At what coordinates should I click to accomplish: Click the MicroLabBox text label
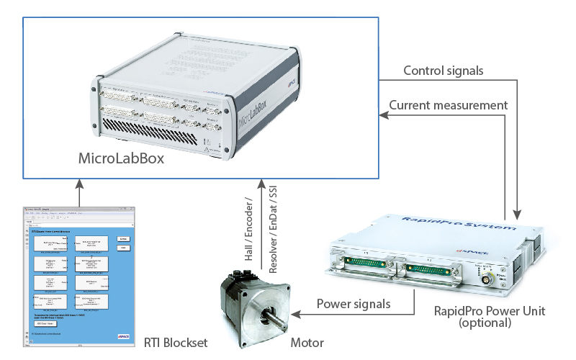pos(121,158)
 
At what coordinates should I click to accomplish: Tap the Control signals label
pos(443,71)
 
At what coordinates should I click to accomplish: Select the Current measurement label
pos(449,105)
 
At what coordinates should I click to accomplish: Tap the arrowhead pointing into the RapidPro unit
pos(516,214)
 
